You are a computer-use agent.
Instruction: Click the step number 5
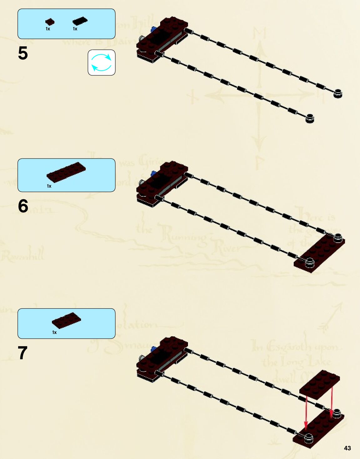(x=23, y=53)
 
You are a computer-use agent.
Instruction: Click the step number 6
(x=23, y=206)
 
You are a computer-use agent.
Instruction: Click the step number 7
(x=23, y=353)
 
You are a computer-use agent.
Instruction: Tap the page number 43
(x=347, y=448)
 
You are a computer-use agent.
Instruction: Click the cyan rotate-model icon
(x=101, y=63)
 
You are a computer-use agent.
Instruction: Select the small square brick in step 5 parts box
(x=50, y=22)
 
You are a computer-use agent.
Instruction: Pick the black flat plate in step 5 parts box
(x=80, y=21)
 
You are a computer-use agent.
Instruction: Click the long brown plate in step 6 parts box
(x=66, y=172)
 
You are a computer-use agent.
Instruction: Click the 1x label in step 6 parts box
(x=49, y=186)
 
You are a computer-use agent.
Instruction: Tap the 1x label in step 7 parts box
(x=54, y=332)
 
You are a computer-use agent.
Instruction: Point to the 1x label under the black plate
(x=75, y=29)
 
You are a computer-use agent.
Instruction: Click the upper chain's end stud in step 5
(x=337, y=93)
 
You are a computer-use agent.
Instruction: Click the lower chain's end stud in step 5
(x=309, y=118)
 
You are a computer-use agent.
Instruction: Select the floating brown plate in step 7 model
(x=319, y=384)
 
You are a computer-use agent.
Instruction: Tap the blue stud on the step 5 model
(x=153, y=30)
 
